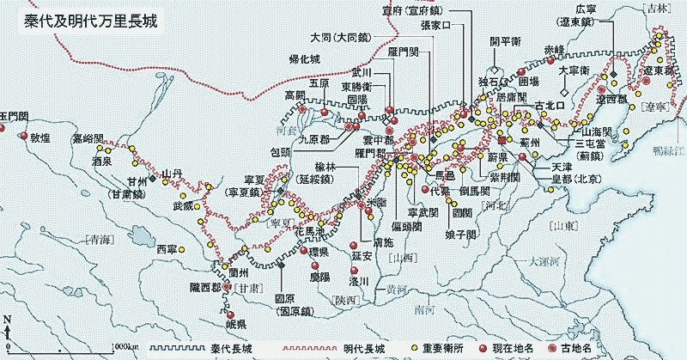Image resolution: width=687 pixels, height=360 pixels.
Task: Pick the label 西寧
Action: click(x=168, y=249)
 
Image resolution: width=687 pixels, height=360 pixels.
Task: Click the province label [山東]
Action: click(x=560, y=225)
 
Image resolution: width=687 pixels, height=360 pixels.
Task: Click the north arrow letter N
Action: click(x=7, y=320)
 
